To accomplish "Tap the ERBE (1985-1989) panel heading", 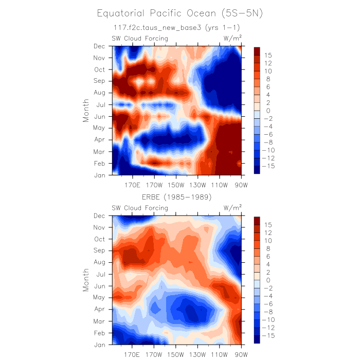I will pos(177,197).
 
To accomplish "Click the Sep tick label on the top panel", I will pos(99,81).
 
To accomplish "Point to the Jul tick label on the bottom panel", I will pos(100,274).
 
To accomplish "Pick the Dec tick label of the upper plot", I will pos(99,46).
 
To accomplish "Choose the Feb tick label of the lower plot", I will pos(99,333).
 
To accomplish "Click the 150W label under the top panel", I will pos(176,184).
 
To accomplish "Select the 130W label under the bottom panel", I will pos(197,354).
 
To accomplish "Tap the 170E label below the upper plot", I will pos(132,184).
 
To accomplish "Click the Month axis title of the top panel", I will pos(86,111).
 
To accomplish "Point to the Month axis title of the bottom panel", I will pos(86,280).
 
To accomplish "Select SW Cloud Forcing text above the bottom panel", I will pos(140,208).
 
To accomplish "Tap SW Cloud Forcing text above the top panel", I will pos(140,38).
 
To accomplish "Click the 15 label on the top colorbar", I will pos(268,55).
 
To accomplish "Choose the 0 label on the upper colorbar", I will pos(268,111).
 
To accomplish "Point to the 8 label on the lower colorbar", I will pos(268,248).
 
